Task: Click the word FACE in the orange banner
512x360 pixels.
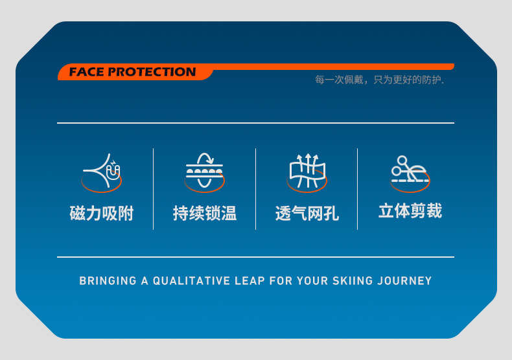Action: click(86, 72)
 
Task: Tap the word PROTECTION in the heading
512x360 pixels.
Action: click(152, 72)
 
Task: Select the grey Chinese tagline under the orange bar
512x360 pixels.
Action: click(380, 80)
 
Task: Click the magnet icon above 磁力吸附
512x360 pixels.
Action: click(102, 172)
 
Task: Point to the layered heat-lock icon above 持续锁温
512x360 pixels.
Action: click(204, 172)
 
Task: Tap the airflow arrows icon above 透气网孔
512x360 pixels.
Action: click(307, 172)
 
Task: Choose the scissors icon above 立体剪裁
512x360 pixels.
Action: click(410, 174)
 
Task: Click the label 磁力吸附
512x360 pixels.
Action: click(102, 214)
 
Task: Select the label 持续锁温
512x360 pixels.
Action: click(205, 214)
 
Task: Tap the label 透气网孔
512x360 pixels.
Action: click(307, 214)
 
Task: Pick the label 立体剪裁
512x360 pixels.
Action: click(410, 210)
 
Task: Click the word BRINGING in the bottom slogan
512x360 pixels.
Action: click(108, 281)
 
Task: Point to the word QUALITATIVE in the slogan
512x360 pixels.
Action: click(191, 281)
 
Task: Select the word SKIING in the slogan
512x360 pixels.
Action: click(353, 281)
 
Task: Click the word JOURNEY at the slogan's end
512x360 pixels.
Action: click(404, 281)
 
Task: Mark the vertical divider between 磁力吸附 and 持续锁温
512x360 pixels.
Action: click(153, 189)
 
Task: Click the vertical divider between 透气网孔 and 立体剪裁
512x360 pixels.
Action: click(358, 189)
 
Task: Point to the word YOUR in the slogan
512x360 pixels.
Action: click(312, 281)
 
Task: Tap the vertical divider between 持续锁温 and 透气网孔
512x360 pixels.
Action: click(255, 189)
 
